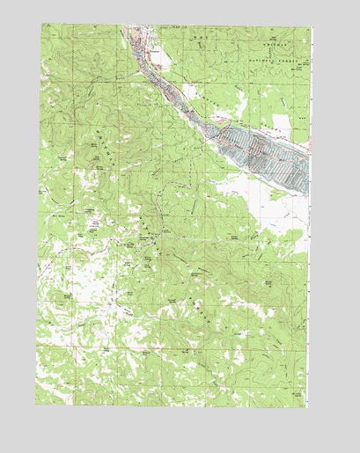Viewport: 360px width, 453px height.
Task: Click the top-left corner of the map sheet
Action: click(x=40, y=25)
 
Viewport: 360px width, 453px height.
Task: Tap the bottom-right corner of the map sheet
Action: click(x=310, y=406)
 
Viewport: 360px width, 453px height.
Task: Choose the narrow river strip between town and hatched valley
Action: click(x=176, y=92)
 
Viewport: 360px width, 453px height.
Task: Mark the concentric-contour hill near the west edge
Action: click(x=66, y=299)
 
